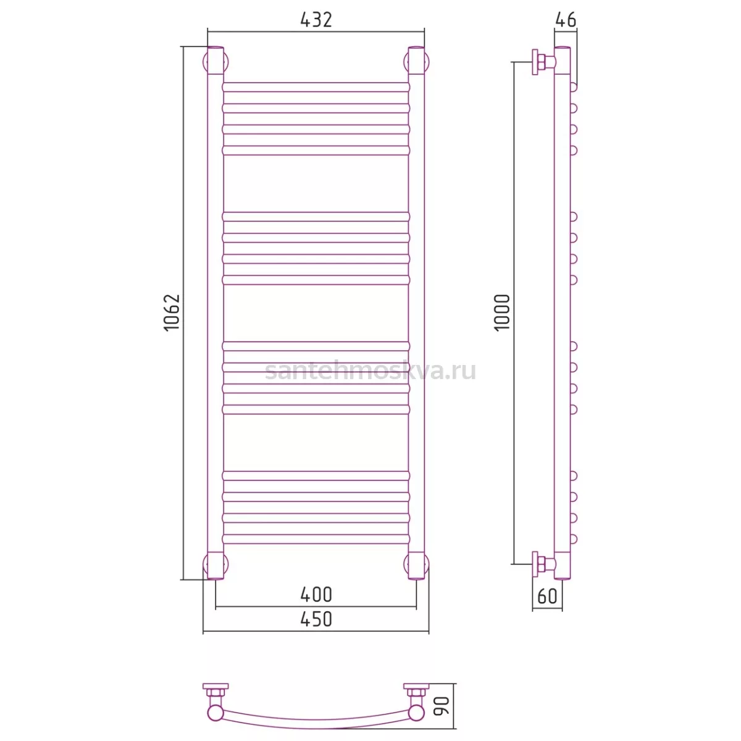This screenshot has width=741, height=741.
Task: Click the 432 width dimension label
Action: tap(316, 20)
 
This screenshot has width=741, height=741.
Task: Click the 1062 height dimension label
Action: tap(172, 312)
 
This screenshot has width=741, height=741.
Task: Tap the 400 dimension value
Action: tap(316, 595)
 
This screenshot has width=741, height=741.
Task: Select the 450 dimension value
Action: tap(316, 619)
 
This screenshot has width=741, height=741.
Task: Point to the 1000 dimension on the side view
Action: tap(502, 312)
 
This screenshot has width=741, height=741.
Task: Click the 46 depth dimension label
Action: tap(566, 20)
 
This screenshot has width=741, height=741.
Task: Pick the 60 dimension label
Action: tap(547, 596)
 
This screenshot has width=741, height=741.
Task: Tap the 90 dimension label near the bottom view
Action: tap(441, 706)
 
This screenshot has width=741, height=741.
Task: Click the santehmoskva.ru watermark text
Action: tap(371, 371)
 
